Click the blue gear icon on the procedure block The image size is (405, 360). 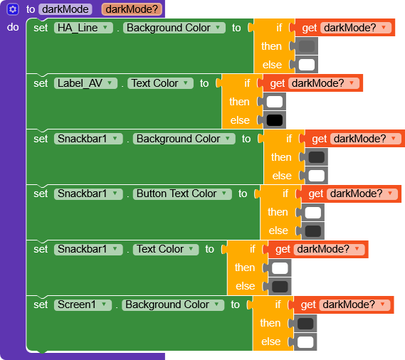point(13,9)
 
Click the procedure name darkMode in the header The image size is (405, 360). point(65,9)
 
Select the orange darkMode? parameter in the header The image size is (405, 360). point(132,9)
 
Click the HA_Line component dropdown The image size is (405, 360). point(83,28)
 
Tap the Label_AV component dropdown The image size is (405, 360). point(85,83)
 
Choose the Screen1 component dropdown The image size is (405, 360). point(83,305)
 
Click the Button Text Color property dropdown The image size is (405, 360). point(182,194)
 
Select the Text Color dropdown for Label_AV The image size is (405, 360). point(160,83)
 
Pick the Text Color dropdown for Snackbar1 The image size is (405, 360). point(166,249)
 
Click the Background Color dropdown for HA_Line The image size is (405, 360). point(174,28)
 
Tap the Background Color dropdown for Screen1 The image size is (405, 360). point(173,305)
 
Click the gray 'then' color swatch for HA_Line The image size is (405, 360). point(307,46)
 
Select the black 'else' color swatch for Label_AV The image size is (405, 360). point(275,120)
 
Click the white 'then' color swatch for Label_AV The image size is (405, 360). point(275,102)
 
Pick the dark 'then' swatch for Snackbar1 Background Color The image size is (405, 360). point(317,157)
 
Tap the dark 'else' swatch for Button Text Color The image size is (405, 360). point(313,231)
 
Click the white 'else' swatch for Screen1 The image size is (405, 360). point(305,342)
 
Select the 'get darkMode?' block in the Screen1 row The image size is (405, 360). point(344,305)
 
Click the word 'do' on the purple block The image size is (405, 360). point(13,27)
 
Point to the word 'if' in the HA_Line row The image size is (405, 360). point(279,28)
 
